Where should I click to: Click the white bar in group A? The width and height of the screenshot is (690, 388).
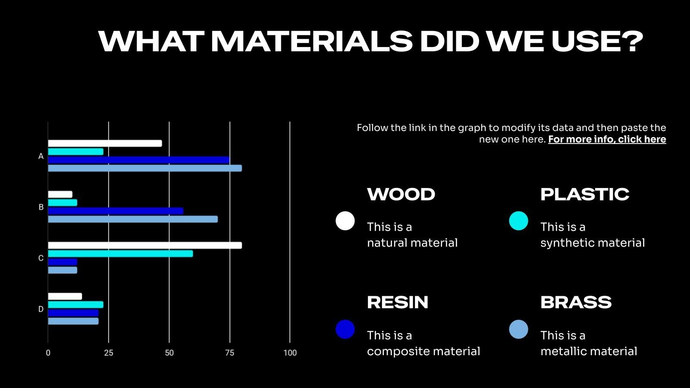(105, 144)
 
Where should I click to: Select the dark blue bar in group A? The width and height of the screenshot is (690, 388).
(138, 160)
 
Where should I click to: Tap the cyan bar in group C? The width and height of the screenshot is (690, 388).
(120, 254)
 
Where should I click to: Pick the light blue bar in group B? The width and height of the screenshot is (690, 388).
(133, 219)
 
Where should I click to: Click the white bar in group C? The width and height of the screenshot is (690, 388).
(145, 245)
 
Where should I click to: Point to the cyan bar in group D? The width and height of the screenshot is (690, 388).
(76, 305)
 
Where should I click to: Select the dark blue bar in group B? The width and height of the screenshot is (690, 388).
(116, 211)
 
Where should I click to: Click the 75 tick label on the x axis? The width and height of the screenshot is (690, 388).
(230, 353)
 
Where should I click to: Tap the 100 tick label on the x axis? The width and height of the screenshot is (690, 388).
(290, 353)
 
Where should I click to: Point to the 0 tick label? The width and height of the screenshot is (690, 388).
(48, 353)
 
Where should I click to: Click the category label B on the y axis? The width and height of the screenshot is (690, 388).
(41, 207)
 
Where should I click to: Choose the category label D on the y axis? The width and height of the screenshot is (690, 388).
(41, 309)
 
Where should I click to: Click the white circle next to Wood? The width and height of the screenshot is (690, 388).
(345, 221)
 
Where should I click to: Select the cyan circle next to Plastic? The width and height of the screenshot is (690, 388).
(518, 221)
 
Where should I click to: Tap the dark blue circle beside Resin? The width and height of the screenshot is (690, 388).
(345, 329)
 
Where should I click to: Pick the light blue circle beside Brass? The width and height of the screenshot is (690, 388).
(518, 329)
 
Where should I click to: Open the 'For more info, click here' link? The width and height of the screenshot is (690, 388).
(607, 140)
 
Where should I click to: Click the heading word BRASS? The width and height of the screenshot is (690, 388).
(576, 302)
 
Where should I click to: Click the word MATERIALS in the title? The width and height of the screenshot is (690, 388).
(312, 41)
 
